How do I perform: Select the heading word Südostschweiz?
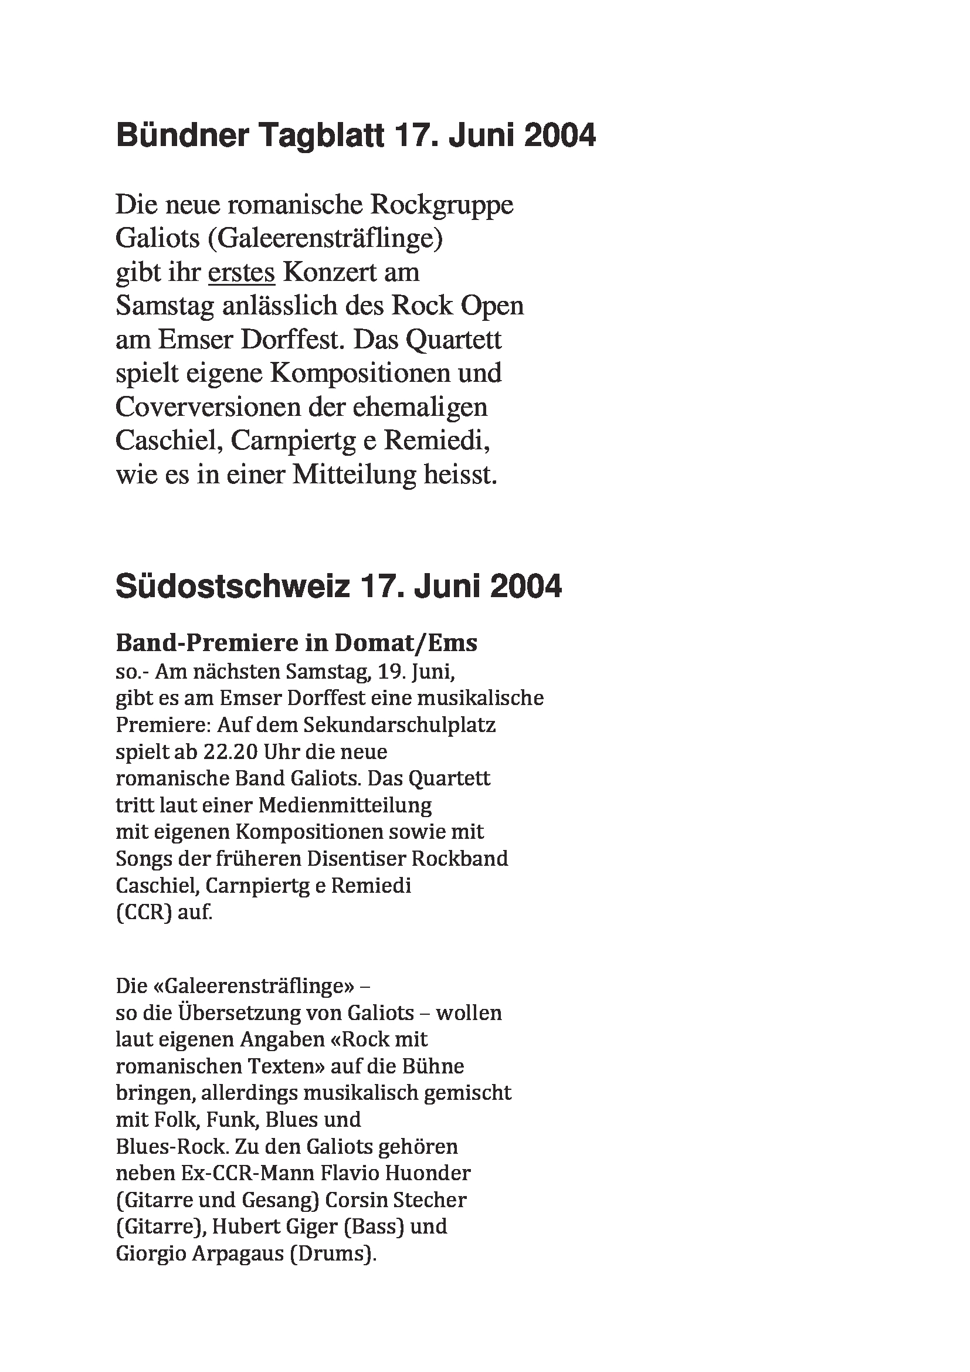click(232, 585)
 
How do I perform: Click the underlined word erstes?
click(241, 273)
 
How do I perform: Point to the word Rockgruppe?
click(442, 205)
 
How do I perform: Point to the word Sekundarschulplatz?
click(399, 725)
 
